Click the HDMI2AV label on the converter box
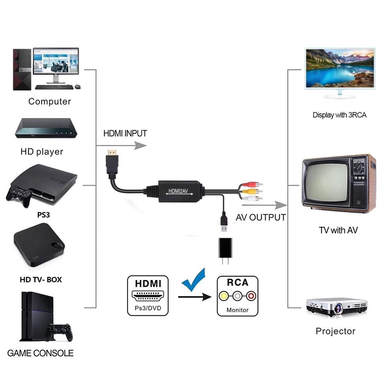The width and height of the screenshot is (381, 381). point(178,191)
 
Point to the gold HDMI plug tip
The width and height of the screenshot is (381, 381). point(112,153)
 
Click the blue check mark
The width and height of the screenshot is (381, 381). point(194,280)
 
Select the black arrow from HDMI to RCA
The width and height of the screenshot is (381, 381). point(195,297)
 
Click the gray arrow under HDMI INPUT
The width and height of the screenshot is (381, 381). point(121,146)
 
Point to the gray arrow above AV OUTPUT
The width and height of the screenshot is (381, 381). point(265,205)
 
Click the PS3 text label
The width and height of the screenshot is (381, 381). point(43,215)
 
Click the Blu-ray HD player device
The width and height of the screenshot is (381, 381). point(46,128)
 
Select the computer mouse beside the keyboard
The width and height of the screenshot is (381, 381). point(78,86)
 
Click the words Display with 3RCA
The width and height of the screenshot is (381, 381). point(339,115)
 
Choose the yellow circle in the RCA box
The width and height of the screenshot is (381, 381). point(224,296)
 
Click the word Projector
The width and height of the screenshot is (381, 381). point(335,331)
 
